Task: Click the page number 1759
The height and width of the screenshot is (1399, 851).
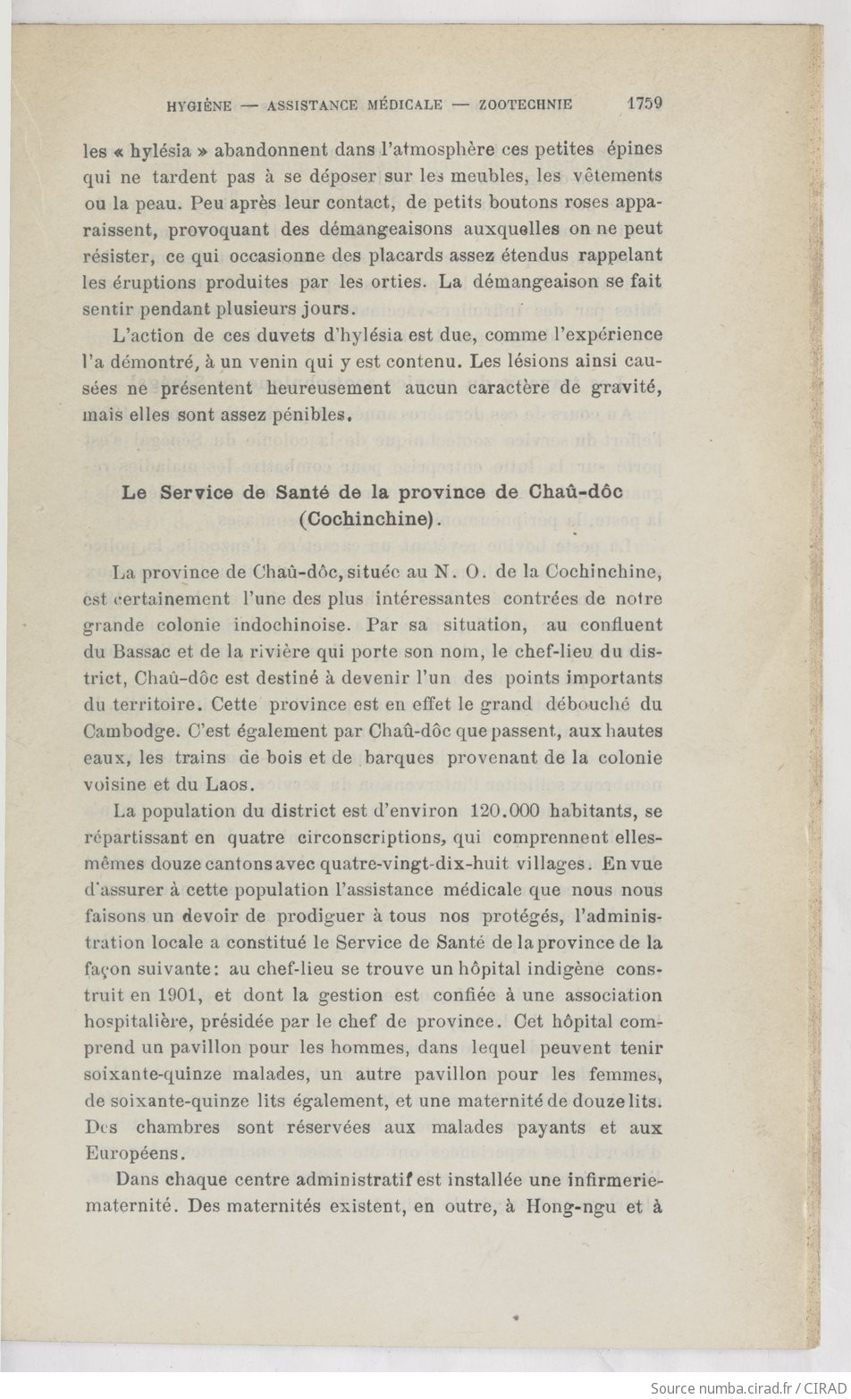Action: pyautogui.click(x=644, y=103)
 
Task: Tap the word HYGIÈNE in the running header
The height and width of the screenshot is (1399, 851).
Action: pyautogui.click(x=199, y=105)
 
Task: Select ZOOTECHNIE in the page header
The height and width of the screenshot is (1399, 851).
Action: pyautogui.click(x=526, y=105)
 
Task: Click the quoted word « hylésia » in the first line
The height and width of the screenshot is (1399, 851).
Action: pyautogui.click(x=148, y=149)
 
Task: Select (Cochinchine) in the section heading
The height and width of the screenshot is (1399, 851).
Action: pyautogui.click(x=371, y=519)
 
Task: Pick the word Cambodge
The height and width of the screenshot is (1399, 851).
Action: pyautogui.click(x=127, y=731)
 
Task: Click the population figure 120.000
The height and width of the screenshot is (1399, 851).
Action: pyautogui.click(x=507, y=811)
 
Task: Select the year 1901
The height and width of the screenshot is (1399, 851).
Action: pyautogui.click(x=182, y=995)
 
